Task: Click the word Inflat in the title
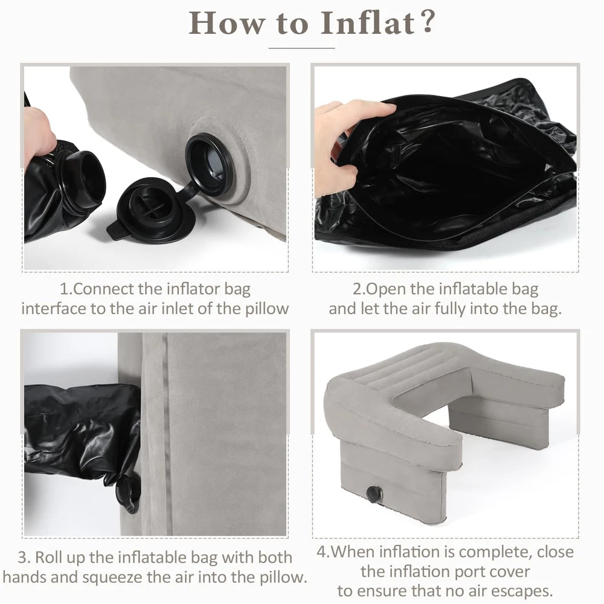point(368,23)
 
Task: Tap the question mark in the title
point(428,22)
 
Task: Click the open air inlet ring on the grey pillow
point(210,164)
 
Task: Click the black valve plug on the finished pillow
point(374,493)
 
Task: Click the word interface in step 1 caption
point(54,309)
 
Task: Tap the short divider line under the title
point(301,48)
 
